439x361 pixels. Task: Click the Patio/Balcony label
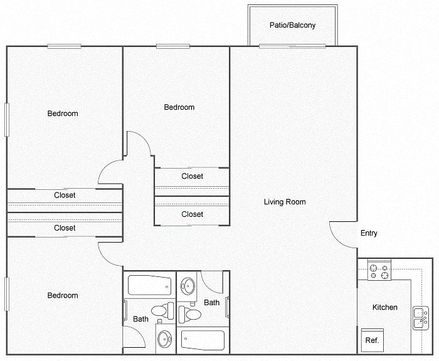coord(293,25)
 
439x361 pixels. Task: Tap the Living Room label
coord(285,202)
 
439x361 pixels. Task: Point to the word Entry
coord(369,233)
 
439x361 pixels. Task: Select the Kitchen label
coord(384,307)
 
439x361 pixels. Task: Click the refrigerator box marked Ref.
coord(373,340)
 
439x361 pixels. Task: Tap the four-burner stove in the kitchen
coord(379,272)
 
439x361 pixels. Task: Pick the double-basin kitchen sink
coord(421,318)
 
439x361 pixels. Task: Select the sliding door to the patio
coord(292,46)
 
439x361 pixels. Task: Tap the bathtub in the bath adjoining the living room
coord(203,340)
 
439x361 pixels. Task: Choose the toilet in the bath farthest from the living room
coord(162,311)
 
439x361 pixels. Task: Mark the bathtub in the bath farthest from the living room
coord(149,285)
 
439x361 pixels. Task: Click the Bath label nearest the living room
coord(212,303)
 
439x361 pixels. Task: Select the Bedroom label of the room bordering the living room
coord(179,107)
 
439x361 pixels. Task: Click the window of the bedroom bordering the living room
coord(173,46)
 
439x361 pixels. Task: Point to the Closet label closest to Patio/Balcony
coord(192,176)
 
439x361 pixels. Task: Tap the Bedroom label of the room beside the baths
coord(63,295)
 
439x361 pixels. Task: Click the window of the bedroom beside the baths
coord(7,294)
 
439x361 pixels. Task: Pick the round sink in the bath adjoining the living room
coord(188,286)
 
